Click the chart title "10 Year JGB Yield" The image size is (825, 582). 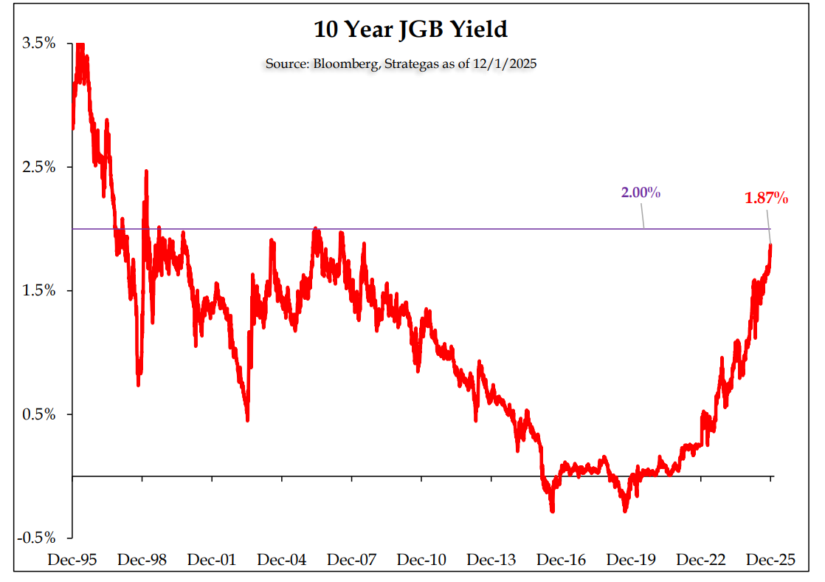(411, 30)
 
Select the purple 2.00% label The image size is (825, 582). (641, 193)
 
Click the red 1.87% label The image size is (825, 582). (767, 198)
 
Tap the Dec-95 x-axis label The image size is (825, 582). (72, 560)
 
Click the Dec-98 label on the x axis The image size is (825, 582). (142, 560)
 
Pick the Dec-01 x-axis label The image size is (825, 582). (212, 560)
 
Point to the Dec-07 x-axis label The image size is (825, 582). (352, 560)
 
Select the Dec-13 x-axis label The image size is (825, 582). (491, 560)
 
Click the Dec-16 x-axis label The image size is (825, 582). (562, 560)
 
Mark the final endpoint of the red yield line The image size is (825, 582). (771, 245)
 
